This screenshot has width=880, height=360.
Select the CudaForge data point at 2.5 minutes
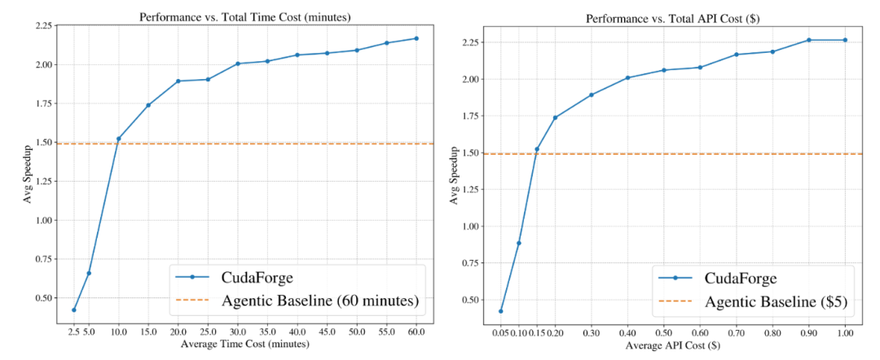coord(74,310)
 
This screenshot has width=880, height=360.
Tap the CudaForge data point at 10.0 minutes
coord(118,138)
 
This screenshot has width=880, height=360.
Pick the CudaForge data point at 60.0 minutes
coord(416,38)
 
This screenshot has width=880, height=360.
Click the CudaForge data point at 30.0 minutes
coord(237,64)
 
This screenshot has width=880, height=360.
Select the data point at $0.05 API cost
coord(500,311)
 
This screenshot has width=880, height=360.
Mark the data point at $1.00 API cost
coord(845,40)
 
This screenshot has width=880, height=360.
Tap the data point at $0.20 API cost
coord(555,117)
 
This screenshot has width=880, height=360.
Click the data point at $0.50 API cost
coord(664,70)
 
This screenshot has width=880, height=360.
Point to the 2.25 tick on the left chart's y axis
coord(48,26)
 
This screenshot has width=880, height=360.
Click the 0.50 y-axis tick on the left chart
coord(48,298)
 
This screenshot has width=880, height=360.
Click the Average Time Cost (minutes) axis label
coord(245,345)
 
